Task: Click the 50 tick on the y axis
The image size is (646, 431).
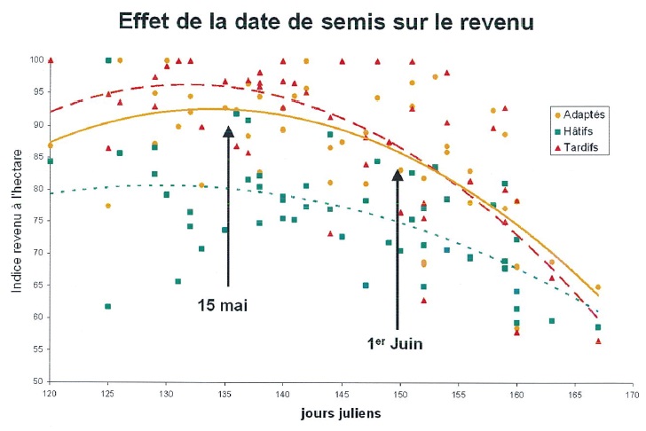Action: (x=38, y=381)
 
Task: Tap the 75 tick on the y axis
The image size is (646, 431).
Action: (x=38, y=221)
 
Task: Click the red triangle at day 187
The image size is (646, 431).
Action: (x=598, y=341)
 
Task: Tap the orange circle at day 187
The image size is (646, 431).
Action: (x=598, y=287)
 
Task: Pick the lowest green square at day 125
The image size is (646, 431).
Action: (x=108, y=306)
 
